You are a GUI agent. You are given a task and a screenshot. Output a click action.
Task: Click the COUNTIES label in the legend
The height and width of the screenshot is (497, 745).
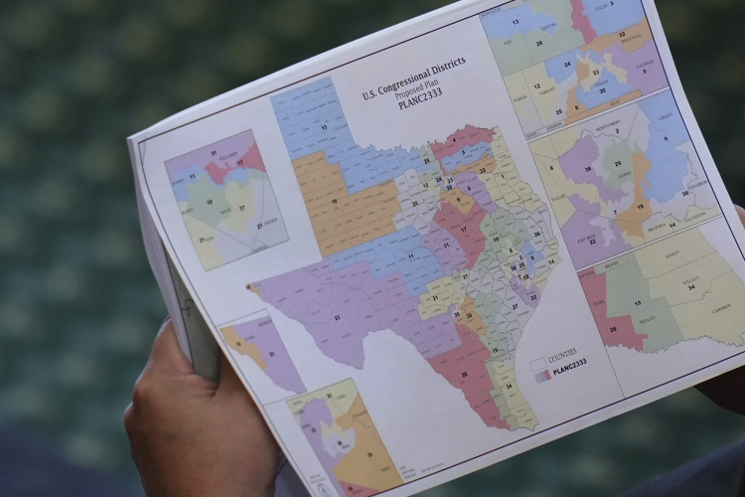(x=561, y=352)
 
